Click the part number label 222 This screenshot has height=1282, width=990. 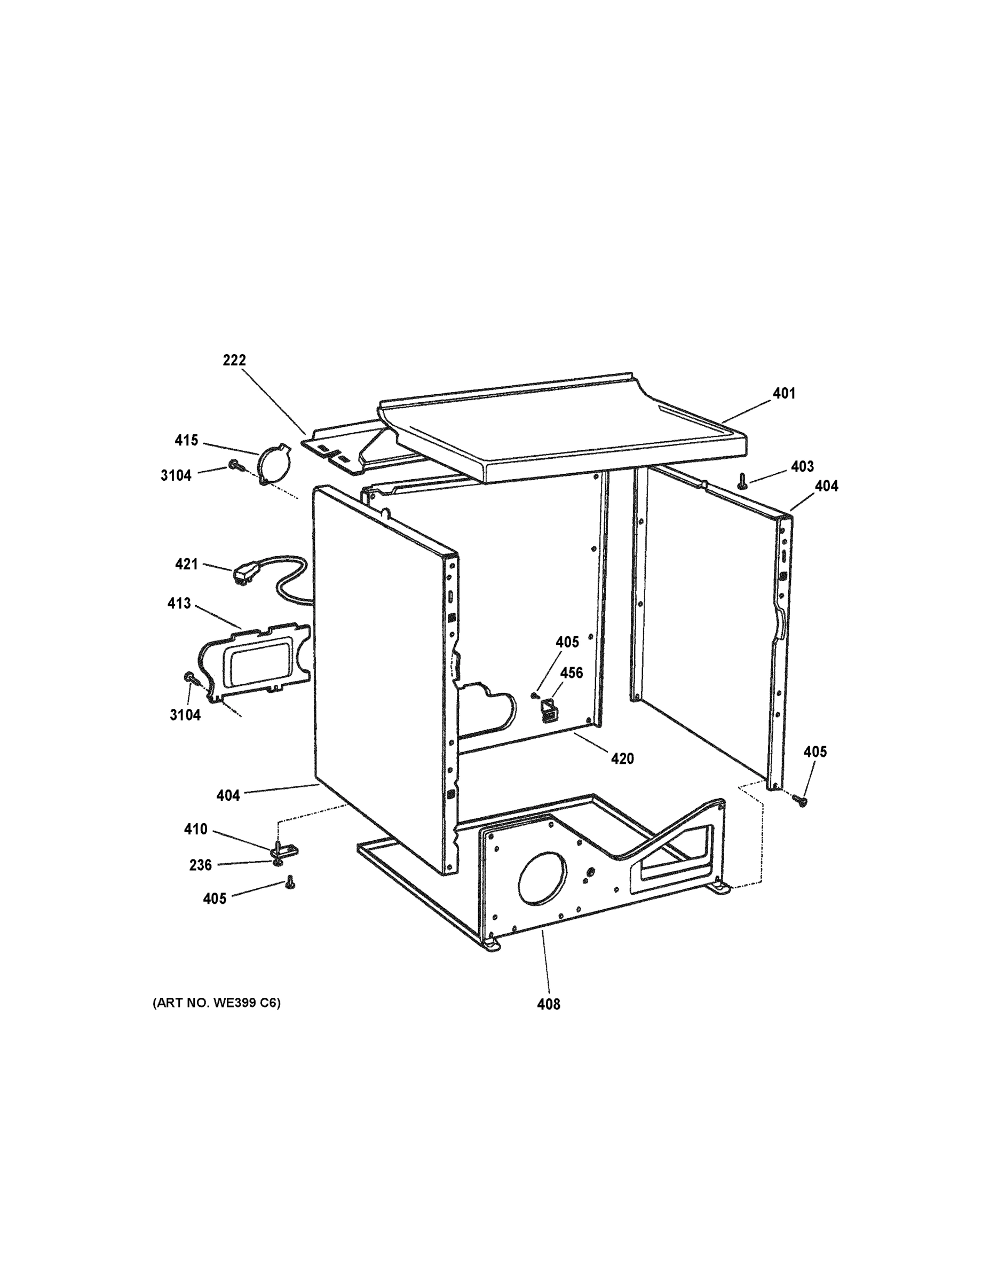[234, 360]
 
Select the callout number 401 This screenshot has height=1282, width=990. [784, 393]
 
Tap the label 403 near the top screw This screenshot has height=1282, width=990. [802, 466]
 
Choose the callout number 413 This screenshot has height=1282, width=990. [179, 603]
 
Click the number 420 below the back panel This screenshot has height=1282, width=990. [622, 759]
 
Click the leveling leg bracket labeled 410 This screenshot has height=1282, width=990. [283, 849]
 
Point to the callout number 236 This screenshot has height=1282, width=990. [200, 865]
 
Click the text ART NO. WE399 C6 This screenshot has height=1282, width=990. [217, 1003]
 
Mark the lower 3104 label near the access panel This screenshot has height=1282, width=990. [185, 715]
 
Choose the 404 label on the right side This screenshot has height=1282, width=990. [826, 486]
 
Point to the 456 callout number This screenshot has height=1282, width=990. [571, 673]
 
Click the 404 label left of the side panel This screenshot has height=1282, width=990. [228, 795]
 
